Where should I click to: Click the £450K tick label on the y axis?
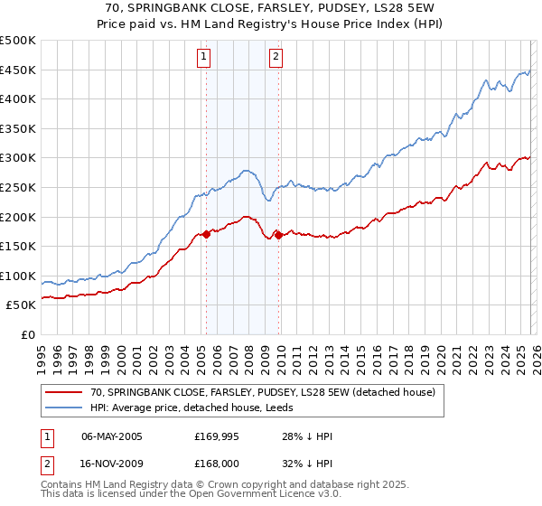[18, 70]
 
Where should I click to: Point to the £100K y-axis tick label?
[18, 276]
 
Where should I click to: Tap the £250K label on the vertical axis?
[18, 187]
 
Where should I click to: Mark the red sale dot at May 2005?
[206, 234]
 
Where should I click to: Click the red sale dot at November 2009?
[278, 235]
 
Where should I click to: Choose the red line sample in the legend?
[63, 392]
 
